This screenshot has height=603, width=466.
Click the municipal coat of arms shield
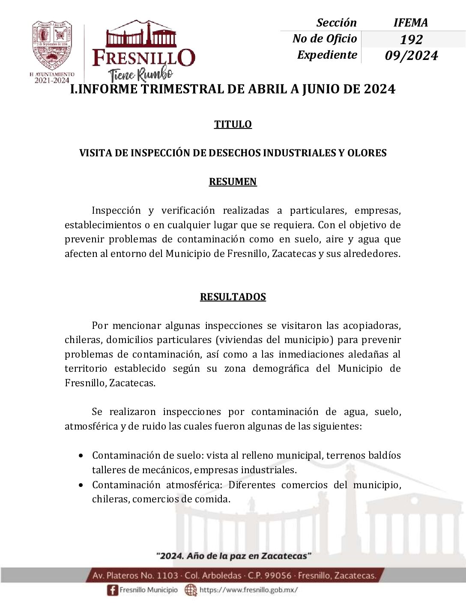[x=52, y=45]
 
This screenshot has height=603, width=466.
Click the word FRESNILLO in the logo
[x=144, y=58]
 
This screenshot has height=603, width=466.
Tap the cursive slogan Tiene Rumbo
[x=141, y=75]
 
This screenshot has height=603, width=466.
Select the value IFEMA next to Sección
[x=410, y=23]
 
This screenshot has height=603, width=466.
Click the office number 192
[x=411, y=39]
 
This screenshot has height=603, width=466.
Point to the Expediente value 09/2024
[x=411, y=56]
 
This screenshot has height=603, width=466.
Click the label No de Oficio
[x=324, y=39]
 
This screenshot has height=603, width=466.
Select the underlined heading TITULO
[x=233, y=124]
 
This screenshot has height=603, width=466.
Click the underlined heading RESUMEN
[x=233, y=182]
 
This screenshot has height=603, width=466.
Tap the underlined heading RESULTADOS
[x=233, y=297]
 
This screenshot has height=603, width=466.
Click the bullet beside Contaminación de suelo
[x=81, y=456]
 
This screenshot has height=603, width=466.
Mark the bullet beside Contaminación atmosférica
[x=81, y=485]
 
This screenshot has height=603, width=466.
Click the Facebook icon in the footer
[x=112, y=590]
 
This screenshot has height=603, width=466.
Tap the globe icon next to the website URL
[x=191, y=590]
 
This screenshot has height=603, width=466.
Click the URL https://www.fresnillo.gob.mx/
[x=248, y=590]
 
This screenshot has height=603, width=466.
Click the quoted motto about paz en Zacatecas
[x=233, y=556]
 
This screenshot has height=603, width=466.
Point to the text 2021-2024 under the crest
[x=52, y=80]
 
